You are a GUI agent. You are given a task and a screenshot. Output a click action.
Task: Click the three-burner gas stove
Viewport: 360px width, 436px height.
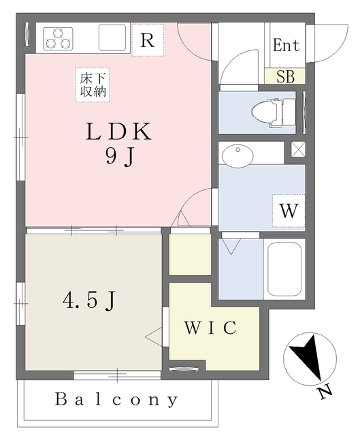(x=58, y=39)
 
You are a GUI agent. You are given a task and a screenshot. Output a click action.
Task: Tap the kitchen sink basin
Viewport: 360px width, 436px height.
(x=112, y=37)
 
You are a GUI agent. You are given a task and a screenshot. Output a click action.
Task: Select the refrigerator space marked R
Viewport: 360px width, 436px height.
(x=148, y=40)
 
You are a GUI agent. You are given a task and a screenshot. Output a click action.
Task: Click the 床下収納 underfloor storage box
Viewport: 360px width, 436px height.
(x=93, y=84)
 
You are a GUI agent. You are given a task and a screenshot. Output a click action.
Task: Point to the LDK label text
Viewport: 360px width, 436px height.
(x=118, y=131)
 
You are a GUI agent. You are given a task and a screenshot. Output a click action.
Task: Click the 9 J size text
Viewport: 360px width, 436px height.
(x=120, y=157)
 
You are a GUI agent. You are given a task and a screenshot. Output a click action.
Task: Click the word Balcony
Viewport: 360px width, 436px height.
(x=116, y=399)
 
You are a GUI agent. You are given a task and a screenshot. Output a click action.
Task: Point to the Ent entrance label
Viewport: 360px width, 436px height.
(x=286, y=45)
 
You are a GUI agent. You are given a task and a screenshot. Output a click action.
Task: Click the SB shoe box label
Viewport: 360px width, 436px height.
(x=285, y=76)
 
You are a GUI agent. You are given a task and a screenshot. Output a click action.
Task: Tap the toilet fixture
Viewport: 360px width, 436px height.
(x=274, y=112)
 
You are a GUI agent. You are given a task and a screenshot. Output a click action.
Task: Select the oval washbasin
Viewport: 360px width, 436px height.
(x=238, y=156)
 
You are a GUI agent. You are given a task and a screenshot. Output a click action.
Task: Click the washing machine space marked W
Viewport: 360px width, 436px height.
(x=289, y=211)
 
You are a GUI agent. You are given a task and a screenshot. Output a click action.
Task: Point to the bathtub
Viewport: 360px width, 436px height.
(x=284, y=269)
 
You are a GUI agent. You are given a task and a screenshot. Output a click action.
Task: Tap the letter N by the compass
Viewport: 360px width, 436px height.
(x=324, y=391)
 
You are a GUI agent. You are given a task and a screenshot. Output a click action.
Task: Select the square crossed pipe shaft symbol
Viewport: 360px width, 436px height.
(x=298, y=149)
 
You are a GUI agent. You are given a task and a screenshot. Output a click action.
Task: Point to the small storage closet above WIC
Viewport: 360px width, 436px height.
(x=190, y=254)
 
